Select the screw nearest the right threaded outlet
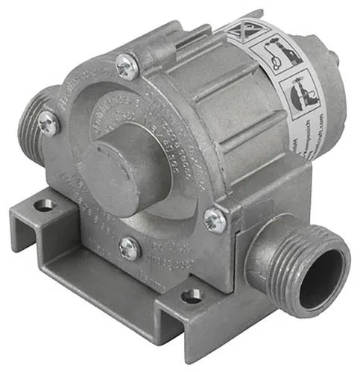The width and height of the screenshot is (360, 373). pos(214,219)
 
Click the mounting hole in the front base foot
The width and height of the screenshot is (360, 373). pos(191,296)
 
